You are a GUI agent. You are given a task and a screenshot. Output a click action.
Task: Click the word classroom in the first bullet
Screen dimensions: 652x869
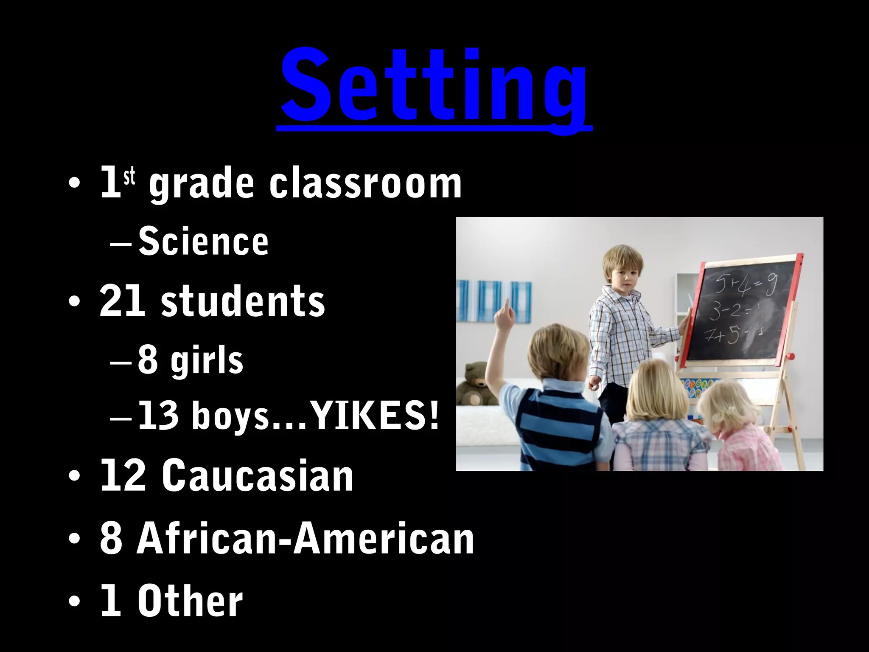365,184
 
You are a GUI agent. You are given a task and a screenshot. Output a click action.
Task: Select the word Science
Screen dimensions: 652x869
204,242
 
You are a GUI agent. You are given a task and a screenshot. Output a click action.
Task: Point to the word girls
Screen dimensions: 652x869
207,361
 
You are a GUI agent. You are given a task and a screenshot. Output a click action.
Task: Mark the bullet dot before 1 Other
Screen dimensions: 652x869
74,602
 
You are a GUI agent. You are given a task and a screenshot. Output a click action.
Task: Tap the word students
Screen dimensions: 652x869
243,301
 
